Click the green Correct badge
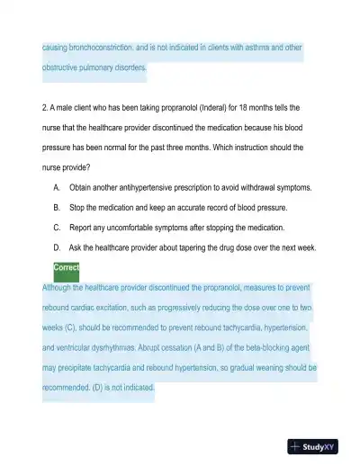[x=67, y=267]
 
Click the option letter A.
[x=57, y=188]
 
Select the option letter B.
[x=57, y=207]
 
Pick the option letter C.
[x=57, y=227]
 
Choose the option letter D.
[x=57, y=246]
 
